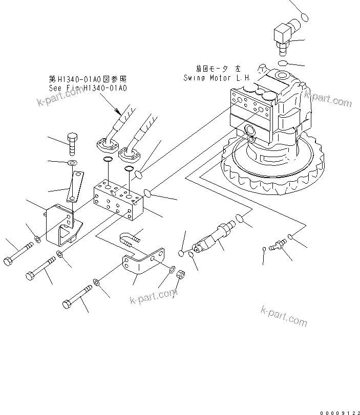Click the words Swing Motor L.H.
coord(217,78)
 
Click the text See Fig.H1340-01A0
coord(88,88)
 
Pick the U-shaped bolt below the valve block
coord(129,239)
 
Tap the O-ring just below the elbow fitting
coord(283,62)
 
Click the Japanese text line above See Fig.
coord(88,79)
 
